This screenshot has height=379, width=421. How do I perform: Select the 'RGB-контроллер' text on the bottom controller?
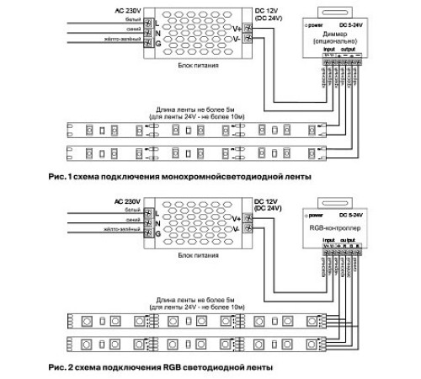tap(336, 227)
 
